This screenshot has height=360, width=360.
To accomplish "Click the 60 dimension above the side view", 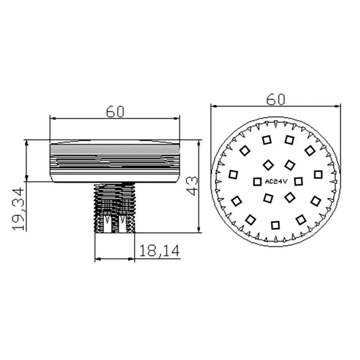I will tap(115, 112).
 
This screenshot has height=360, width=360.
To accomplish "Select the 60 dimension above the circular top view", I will tap(276, 99).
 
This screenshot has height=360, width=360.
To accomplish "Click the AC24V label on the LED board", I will tap(276, 181).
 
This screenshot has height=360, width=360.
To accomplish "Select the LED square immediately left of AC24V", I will tap(257, 181).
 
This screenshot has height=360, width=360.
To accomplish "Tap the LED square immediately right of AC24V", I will tap(298, 181).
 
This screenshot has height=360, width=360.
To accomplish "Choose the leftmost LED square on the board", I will tap(233, 174).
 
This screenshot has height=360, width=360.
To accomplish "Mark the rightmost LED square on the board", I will tap(318, 174).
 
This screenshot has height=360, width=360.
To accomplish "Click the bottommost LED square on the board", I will tap(275, 225).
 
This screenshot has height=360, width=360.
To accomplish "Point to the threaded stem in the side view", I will tap(114, 207).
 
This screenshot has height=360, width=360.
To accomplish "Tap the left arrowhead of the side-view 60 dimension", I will tap(52, 118).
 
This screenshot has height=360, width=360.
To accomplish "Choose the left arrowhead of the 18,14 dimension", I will tap(97, 259).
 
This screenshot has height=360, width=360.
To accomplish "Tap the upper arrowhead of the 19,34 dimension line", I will tap(26, 143).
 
